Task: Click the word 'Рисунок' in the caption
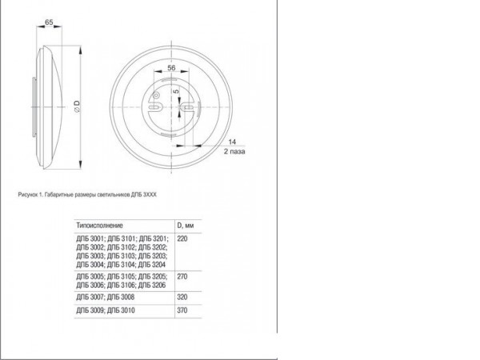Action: (29, 194)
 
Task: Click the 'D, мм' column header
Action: (186, 225)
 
